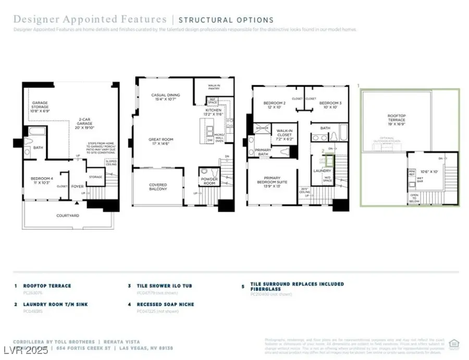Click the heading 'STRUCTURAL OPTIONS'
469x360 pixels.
[x=226, y=20]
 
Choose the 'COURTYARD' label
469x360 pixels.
[x=67, y=215]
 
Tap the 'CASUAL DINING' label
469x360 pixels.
[x=165, y=97]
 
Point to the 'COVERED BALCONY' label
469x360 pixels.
[x=158, y=187]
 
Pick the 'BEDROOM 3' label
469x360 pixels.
[x=330, y=105]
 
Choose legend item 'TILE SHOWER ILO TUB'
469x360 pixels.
[x=163, y=286]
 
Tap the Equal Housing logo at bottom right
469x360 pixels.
[x=453, y=343]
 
